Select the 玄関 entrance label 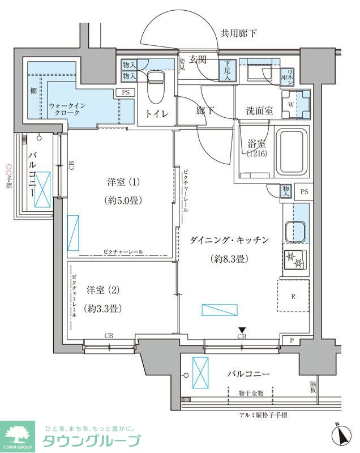click(198, 59)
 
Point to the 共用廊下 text click(238, 33)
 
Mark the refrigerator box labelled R click(293, 296)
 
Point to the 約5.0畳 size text click(123, 200)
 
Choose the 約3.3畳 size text click(102, 309)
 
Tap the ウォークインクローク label click(68, 108)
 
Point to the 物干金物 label click(250, 391)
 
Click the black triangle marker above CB click(242, 330)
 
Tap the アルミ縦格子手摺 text click(263, 415)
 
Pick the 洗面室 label click(259, 111)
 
